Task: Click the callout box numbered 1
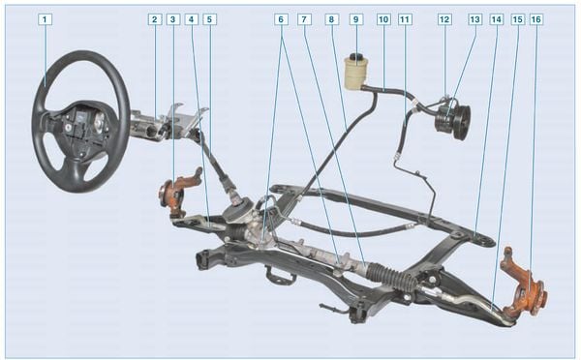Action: pyautogui.click(x=45, y=19)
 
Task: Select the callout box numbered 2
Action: pyautogui.click(x=155, y=19)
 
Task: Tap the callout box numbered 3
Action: pyautogui.click(x=172, y=19)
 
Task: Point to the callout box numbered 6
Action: pyautogui.click(x=281, y=19)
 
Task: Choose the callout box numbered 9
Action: pyautogui.click(x=356, y=19)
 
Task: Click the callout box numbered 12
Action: pyautogui.click(x=444, y=19)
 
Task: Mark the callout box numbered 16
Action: pyautogui.click(x=535, y=19)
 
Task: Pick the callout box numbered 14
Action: pyautogui.click(x=497, y=19)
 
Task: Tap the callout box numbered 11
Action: pyautogui.click(x=405, y=19)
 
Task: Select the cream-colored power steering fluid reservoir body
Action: pyautogui.click(x=354, y=75)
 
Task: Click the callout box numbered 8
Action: pyautogui.click(x=331, y=19)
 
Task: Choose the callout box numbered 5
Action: pyautogui.click(x=209, y=19)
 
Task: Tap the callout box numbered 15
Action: pyautogui.click(x=518, y=19)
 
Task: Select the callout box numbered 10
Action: pyautogui.click(x=383, y=19)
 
